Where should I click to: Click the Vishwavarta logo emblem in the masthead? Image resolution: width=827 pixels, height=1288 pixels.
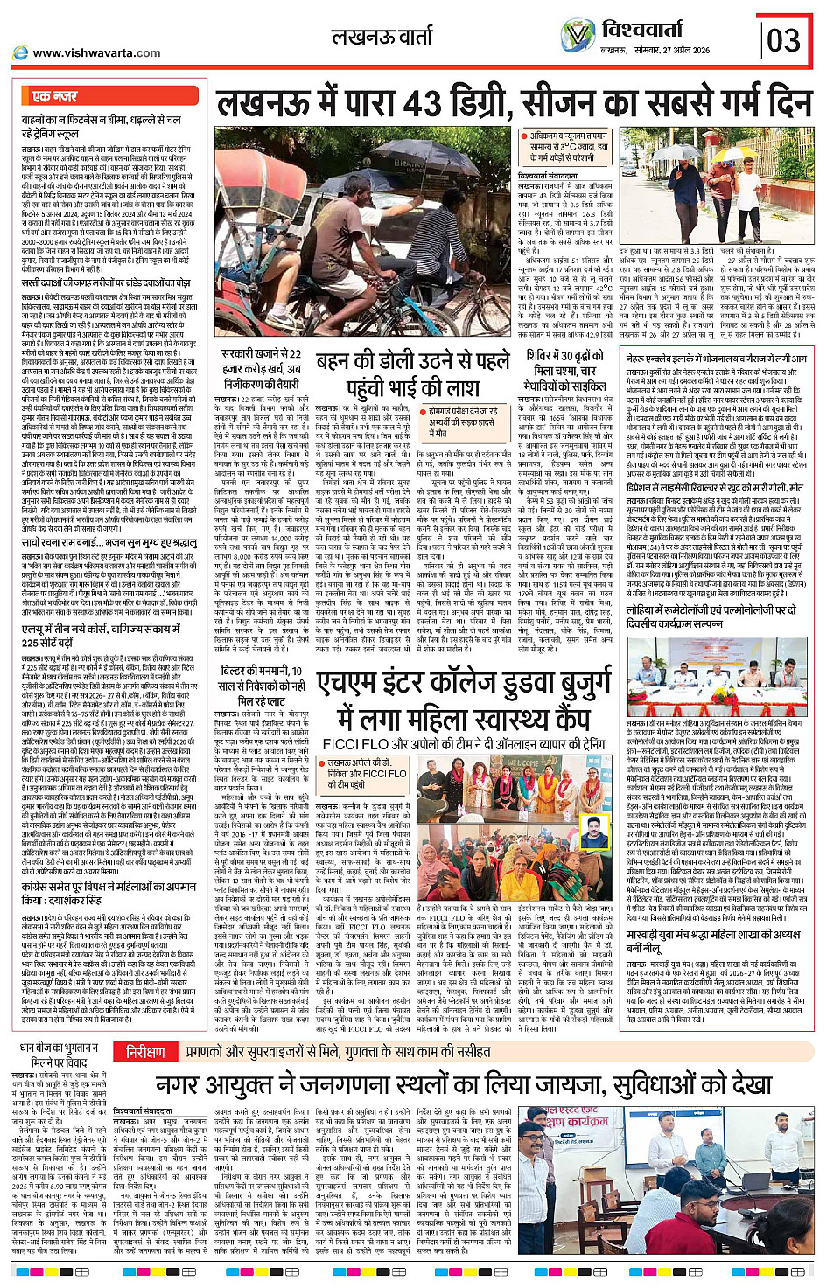(578, 37)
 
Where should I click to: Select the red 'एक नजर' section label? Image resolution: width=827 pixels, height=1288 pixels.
(55, 96)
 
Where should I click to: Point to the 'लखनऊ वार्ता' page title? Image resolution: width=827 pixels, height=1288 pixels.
(382, 37)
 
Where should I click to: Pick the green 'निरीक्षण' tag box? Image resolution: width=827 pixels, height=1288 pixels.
(145, 1052)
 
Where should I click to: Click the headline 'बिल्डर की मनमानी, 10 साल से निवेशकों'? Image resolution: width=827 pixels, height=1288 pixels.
(260, 683)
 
